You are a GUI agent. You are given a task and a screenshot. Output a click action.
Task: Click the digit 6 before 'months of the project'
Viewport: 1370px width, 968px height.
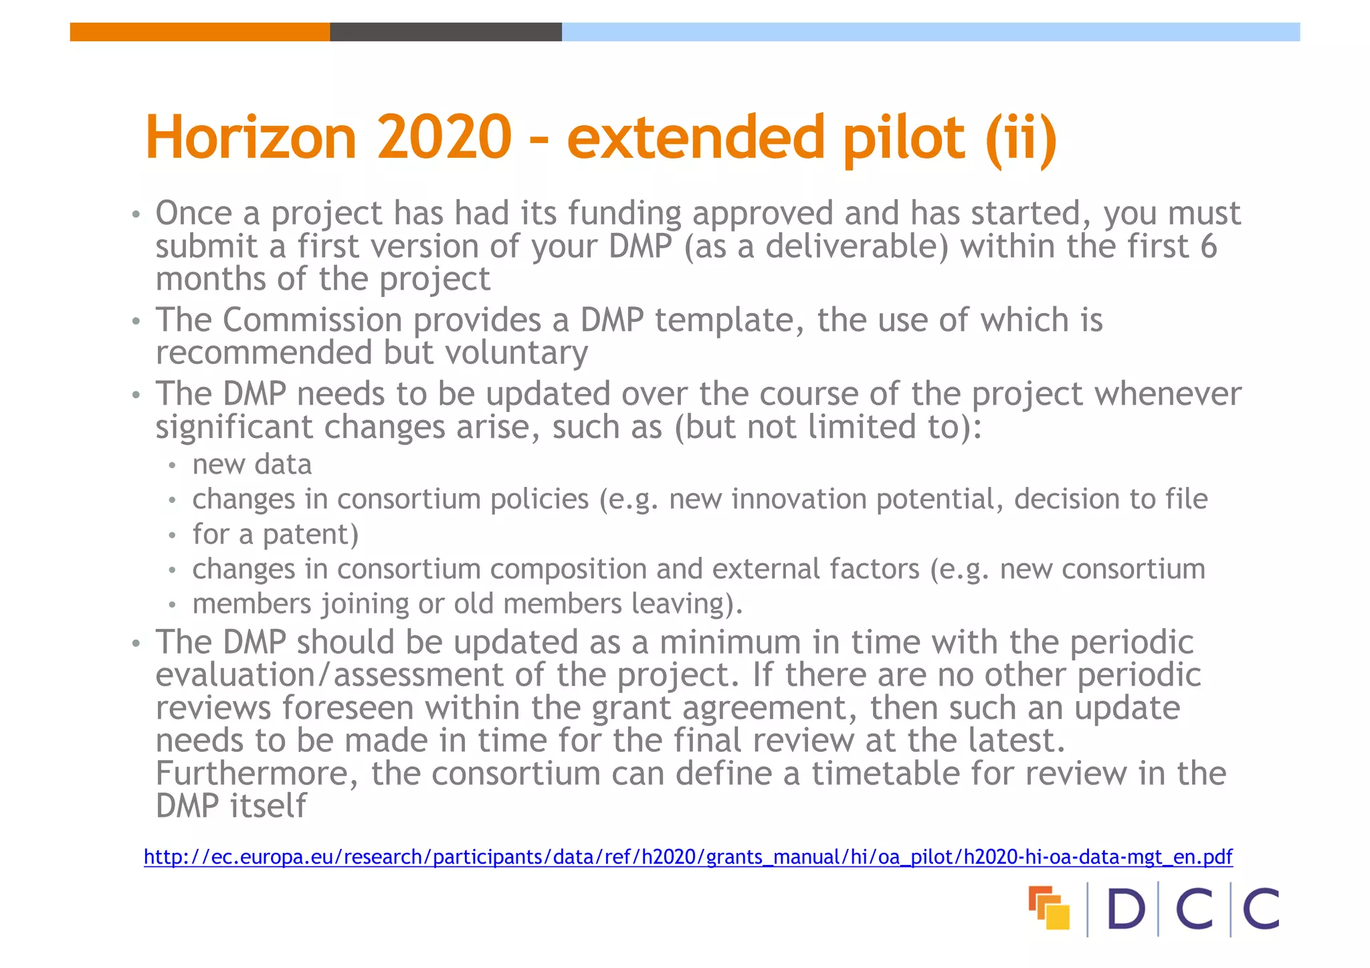click(x=1208, y=246)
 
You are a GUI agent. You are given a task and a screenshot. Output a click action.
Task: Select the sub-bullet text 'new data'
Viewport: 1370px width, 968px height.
click(x=252, y=464)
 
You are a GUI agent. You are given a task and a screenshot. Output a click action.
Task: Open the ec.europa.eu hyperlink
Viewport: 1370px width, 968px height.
click(x=688, y=857)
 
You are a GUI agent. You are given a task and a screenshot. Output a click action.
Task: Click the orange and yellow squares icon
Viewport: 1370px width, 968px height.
click(x=1049, y=908)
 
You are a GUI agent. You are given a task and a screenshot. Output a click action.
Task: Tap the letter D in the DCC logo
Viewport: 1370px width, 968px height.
click(x=1127, y=909)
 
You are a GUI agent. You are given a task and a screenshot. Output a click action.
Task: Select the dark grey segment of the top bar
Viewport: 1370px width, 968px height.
click(x=446, y=32)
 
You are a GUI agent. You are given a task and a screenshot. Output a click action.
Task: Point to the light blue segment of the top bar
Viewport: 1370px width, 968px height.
click(x=931, y=32)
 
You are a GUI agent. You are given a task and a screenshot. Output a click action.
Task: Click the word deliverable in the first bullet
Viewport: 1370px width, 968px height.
click(x=856, y=246)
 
